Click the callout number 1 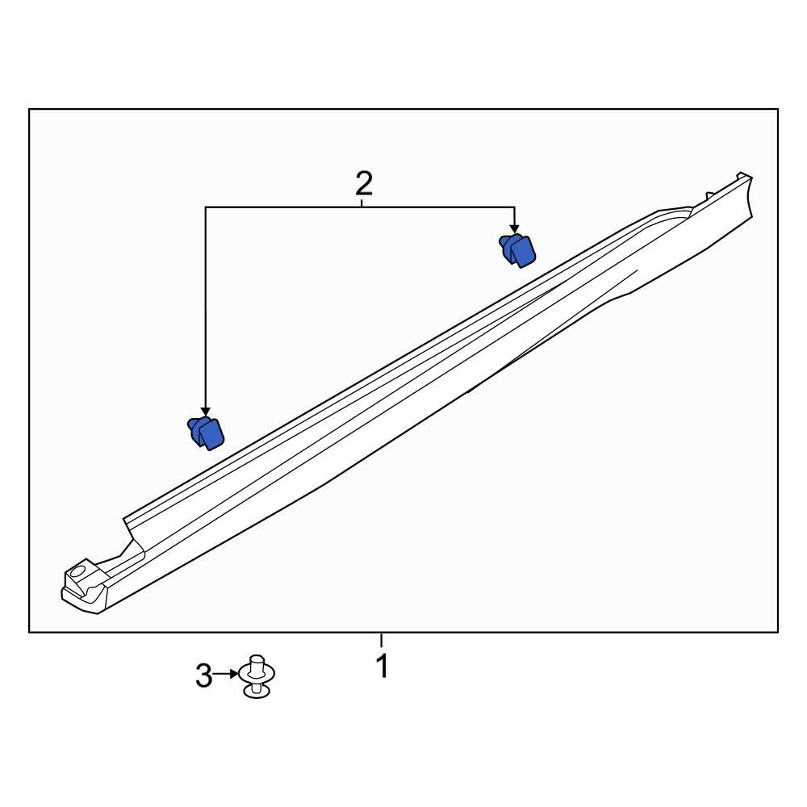tap(382, 667)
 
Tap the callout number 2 tap(364, 184)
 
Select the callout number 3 tap(203, 675)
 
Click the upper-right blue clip tap(517, 249)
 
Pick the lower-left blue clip tap(207, 433)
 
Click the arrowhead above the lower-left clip tap(206, 412)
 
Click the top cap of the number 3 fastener tap(257, 659)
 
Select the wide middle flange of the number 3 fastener tap(257, 674)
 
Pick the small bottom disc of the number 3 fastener tap(257, 690)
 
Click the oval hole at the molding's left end tap(78, 572)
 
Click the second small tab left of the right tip tap(708, 194)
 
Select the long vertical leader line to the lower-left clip tap(206, 307)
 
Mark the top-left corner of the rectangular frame tap(30, 110)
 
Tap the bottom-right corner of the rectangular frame tap(778, 632)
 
